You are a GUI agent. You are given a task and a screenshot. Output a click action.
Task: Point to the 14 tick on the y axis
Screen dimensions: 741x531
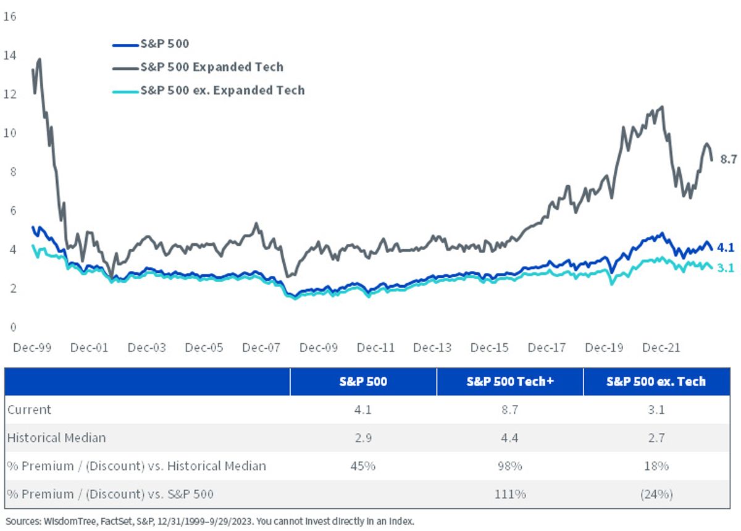point(10,55)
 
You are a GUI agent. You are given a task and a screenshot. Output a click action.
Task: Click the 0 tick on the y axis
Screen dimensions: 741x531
point(13,327)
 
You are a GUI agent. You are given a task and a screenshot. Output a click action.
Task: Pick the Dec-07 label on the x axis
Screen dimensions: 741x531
point(261,348)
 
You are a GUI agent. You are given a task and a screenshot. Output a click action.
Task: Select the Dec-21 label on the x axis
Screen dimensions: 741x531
point(661,348)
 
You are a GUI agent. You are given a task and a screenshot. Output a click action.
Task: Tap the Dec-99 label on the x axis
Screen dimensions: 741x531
point(32,348)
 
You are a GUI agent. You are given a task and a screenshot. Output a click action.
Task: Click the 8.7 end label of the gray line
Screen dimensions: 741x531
point(729,159)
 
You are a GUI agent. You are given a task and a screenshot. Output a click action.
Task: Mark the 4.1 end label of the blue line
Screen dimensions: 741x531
point(726,248)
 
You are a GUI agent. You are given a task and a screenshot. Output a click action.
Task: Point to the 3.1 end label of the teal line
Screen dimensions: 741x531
point(726,267)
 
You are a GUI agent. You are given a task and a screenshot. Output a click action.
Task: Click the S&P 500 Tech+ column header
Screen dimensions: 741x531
point(510,382)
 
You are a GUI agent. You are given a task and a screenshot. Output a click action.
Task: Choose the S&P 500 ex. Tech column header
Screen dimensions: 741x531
point(656,382)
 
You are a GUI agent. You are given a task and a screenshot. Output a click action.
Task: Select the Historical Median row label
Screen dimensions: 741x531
point(57,438)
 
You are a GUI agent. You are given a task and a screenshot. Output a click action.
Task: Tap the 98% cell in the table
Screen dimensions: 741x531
point(510,466)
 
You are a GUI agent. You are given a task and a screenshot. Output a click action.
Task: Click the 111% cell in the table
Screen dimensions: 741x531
point(510,495)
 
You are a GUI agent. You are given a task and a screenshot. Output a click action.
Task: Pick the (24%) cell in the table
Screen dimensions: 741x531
point(656,495)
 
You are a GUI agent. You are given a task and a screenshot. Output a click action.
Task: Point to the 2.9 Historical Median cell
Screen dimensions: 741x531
point(363,438)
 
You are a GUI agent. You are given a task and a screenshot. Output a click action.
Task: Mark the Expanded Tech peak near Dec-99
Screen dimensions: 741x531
point(40,59)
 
